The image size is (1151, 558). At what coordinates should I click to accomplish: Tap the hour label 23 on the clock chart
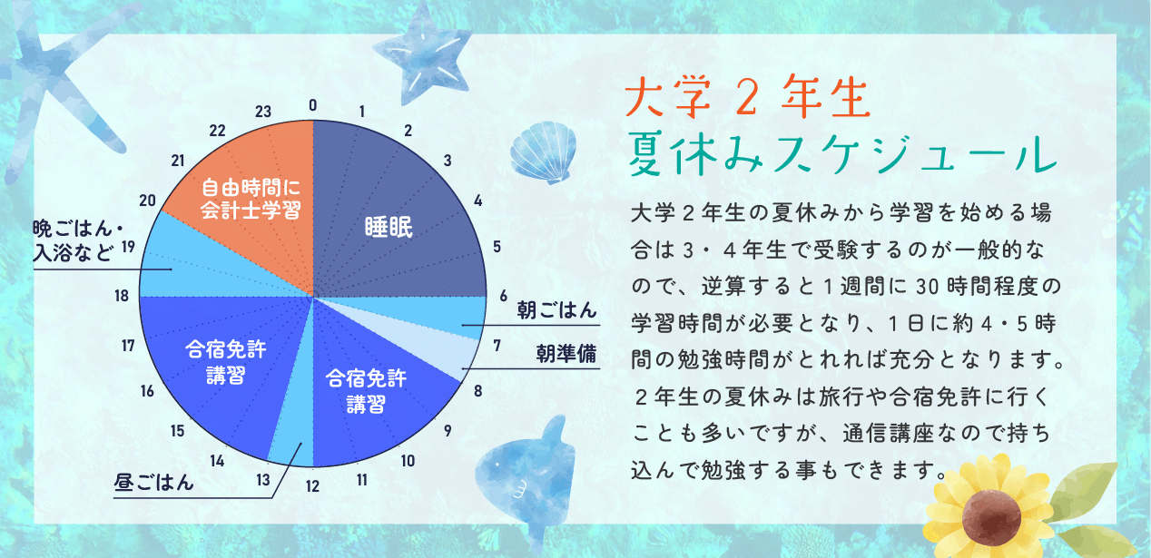tap(263, 112)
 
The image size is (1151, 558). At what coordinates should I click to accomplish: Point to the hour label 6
tap(504, 296)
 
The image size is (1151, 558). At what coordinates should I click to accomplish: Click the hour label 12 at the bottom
tap(312, 486)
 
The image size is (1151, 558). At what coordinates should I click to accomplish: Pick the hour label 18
tap(122, 296)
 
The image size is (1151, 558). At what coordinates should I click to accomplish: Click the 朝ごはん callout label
tap(556, 310)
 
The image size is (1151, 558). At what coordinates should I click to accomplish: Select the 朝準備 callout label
tap(566, 354)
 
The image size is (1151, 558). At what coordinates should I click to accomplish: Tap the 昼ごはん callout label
tap(153, 483)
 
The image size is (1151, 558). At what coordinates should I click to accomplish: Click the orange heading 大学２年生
tap(748, 98)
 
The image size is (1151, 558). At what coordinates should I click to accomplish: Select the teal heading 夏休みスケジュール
tap(842, 154)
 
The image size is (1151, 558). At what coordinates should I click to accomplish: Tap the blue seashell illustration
tap(544, 152)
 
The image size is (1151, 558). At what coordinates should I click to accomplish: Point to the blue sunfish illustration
tap(526, 478)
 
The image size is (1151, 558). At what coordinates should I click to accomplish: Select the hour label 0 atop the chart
tap(313, 105)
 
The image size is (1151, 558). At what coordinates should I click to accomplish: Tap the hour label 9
tap(448, 431)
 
